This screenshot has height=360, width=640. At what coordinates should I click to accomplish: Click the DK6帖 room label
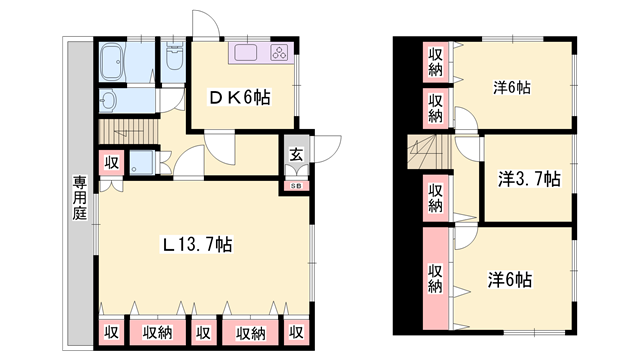coord(237,97)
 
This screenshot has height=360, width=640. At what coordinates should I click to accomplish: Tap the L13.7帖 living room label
coord(198,244)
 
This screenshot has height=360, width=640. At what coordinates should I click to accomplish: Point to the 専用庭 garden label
coord(78,199)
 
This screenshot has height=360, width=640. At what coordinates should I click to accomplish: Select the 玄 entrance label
coord(297,154)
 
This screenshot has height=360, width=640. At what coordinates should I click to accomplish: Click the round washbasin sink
coord(108,100)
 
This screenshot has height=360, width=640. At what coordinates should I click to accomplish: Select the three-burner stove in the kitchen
coord(278,53)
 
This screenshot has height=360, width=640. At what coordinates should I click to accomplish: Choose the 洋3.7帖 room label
coord(529,180)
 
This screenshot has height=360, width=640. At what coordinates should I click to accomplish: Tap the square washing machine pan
coord(143,164)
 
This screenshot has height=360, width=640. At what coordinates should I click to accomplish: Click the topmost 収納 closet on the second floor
coord(436,61)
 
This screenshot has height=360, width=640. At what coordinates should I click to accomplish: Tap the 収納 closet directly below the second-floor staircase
coord(436,198)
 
